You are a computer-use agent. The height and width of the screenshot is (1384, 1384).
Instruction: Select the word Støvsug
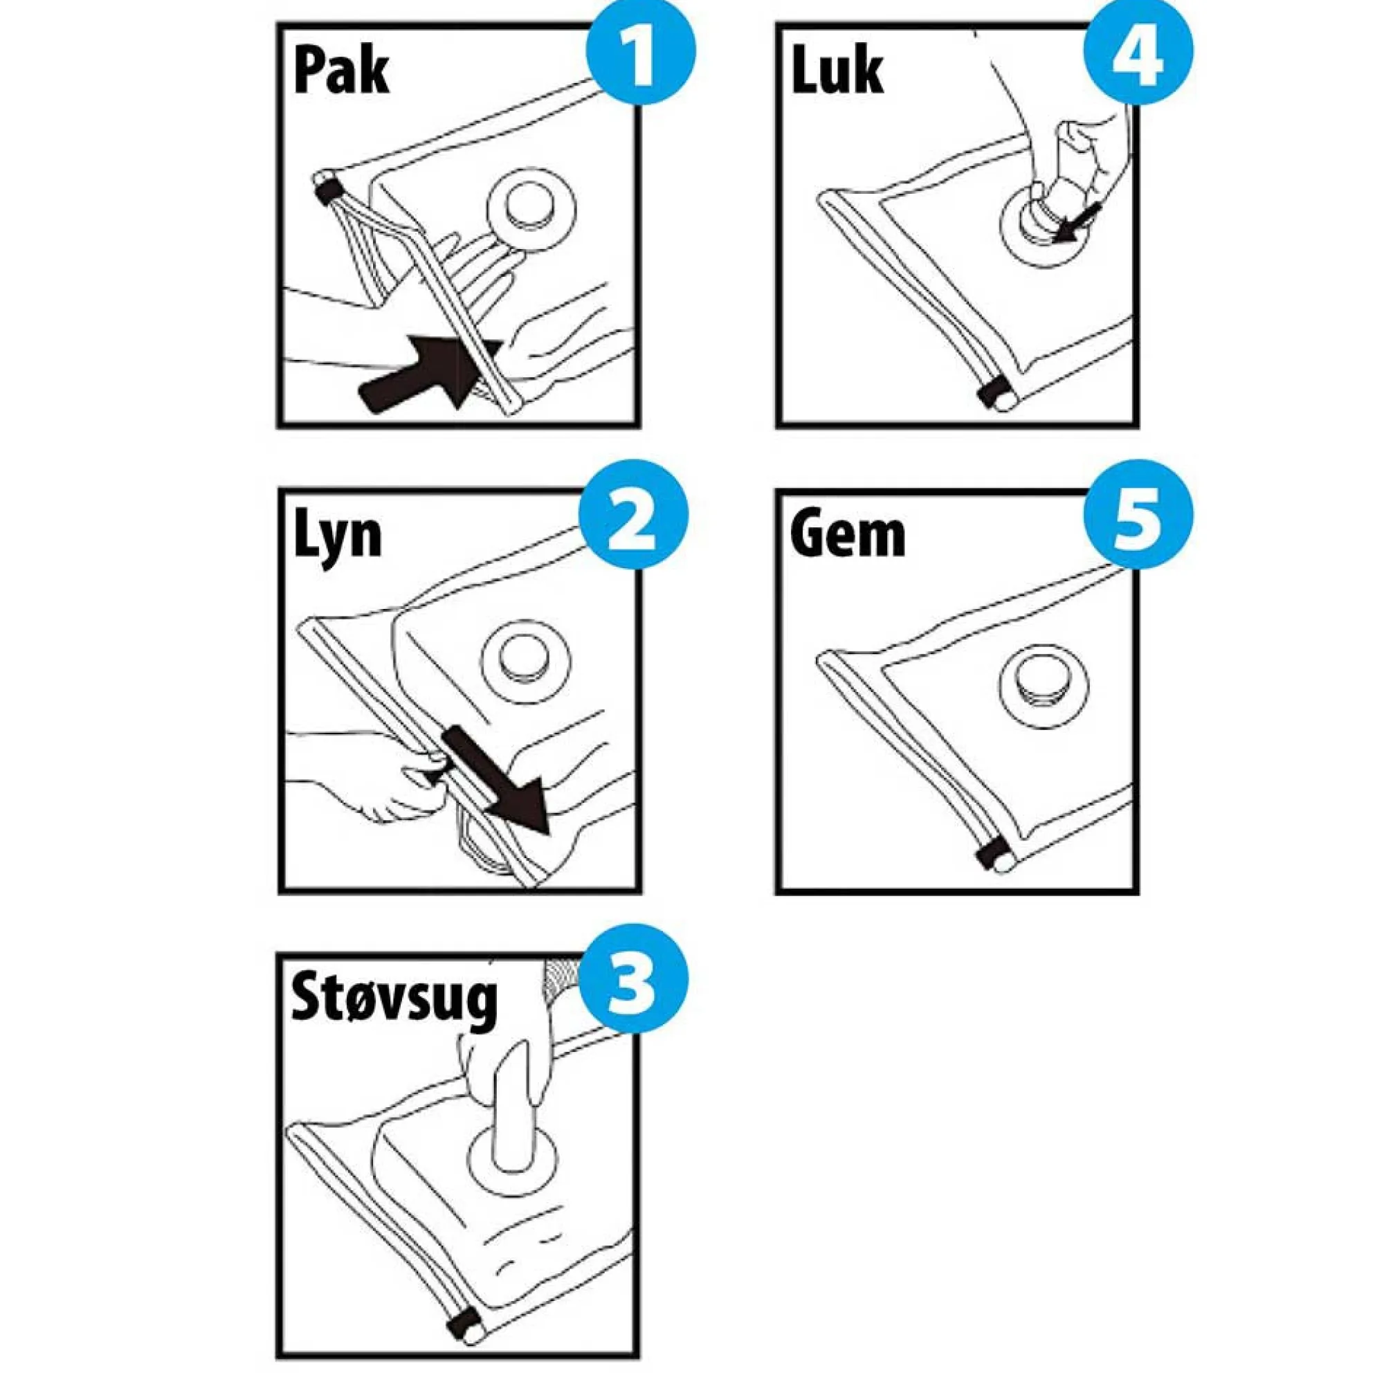click(x=393, y=1003)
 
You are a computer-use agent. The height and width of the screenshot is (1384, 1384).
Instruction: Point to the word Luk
click(x=837, y=70)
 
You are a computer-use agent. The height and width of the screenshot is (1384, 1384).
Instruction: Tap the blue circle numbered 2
click(x=634, y=515)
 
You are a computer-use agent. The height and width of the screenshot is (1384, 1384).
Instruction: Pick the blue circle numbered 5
click(x=1138, y=515)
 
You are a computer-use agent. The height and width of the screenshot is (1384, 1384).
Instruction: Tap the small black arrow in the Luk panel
click(x=1077, y=224)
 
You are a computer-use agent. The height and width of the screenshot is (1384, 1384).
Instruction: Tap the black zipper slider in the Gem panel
click(x=991, y=855)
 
